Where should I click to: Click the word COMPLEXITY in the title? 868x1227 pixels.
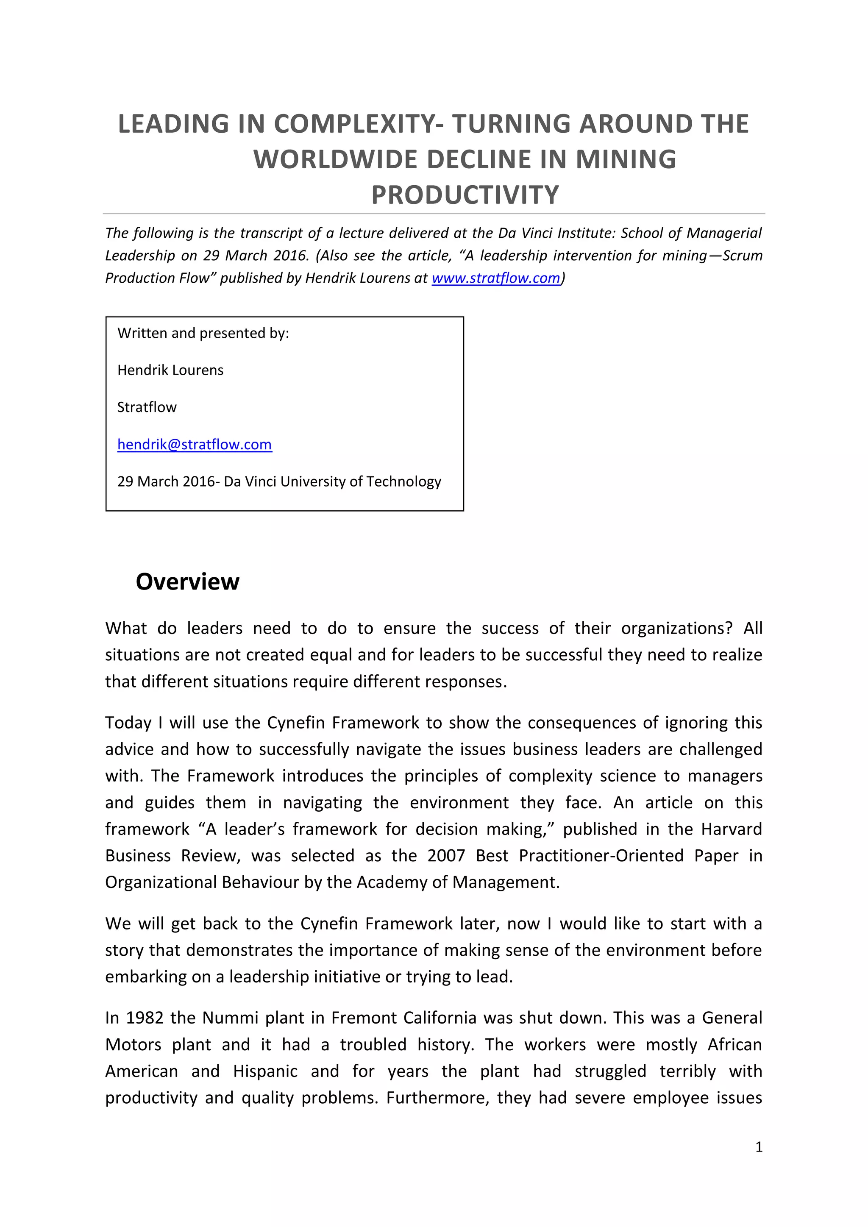(x=354, y=124)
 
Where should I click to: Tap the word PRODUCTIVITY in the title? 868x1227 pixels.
(x=465, y=195)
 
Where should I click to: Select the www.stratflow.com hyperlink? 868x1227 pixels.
(x=495, y=278)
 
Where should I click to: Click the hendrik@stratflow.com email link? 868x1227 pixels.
(x=195, y=444)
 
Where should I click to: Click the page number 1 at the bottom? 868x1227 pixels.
(x=758, y=1147)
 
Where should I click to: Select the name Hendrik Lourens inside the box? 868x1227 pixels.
(x=170, y=370)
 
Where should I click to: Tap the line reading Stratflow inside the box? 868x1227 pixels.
(x=147, y=407)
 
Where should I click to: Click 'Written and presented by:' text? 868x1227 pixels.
(x=203, y=333)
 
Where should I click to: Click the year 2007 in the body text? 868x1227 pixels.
(x=446, y=856)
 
